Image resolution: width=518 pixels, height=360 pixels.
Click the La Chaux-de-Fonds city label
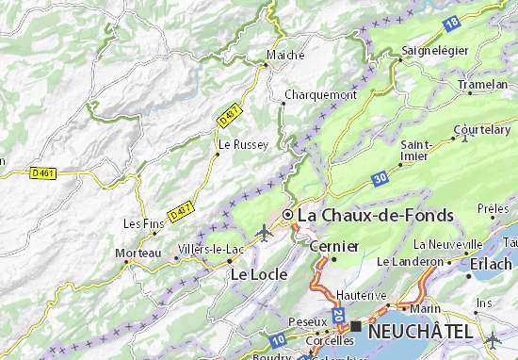coord(375,216)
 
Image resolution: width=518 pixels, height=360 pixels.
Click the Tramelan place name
coord(483,84)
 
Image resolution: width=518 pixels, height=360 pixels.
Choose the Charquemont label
coord(320,95)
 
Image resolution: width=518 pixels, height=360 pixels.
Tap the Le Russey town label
coord(244,145)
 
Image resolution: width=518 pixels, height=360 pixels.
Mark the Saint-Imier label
coord(416,151)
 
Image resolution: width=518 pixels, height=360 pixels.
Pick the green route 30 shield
coord(379,176)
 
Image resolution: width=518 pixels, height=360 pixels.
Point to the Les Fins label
coord(144,223)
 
